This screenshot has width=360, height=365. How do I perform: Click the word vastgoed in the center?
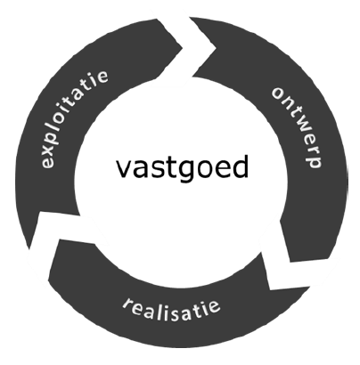pos(182,167)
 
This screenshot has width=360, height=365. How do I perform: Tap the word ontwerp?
pos(298,127)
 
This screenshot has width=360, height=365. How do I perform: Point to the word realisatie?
pos(172,310)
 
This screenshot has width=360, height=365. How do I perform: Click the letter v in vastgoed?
pos(124,169)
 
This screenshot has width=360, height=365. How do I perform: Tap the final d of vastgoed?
pos(240,166)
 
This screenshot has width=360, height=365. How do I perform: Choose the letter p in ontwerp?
pos(314,160)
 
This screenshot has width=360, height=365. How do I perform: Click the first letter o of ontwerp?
pos(279,93)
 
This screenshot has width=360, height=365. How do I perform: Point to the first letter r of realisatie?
pos(128,304)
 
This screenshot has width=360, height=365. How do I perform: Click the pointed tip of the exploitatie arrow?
pos(182,47)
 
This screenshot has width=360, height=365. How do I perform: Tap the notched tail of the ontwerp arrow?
pos(216,47)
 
